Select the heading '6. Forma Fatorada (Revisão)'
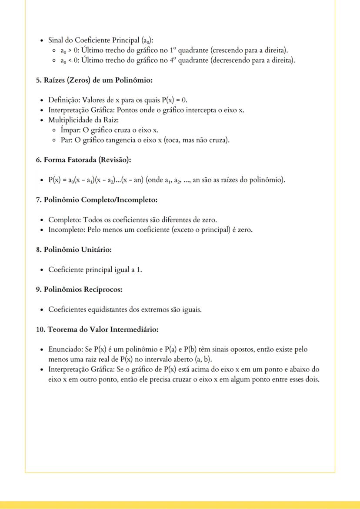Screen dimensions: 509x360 (83, 160)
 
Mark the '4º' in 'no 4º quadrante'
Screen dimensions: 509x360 (172, 60)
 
